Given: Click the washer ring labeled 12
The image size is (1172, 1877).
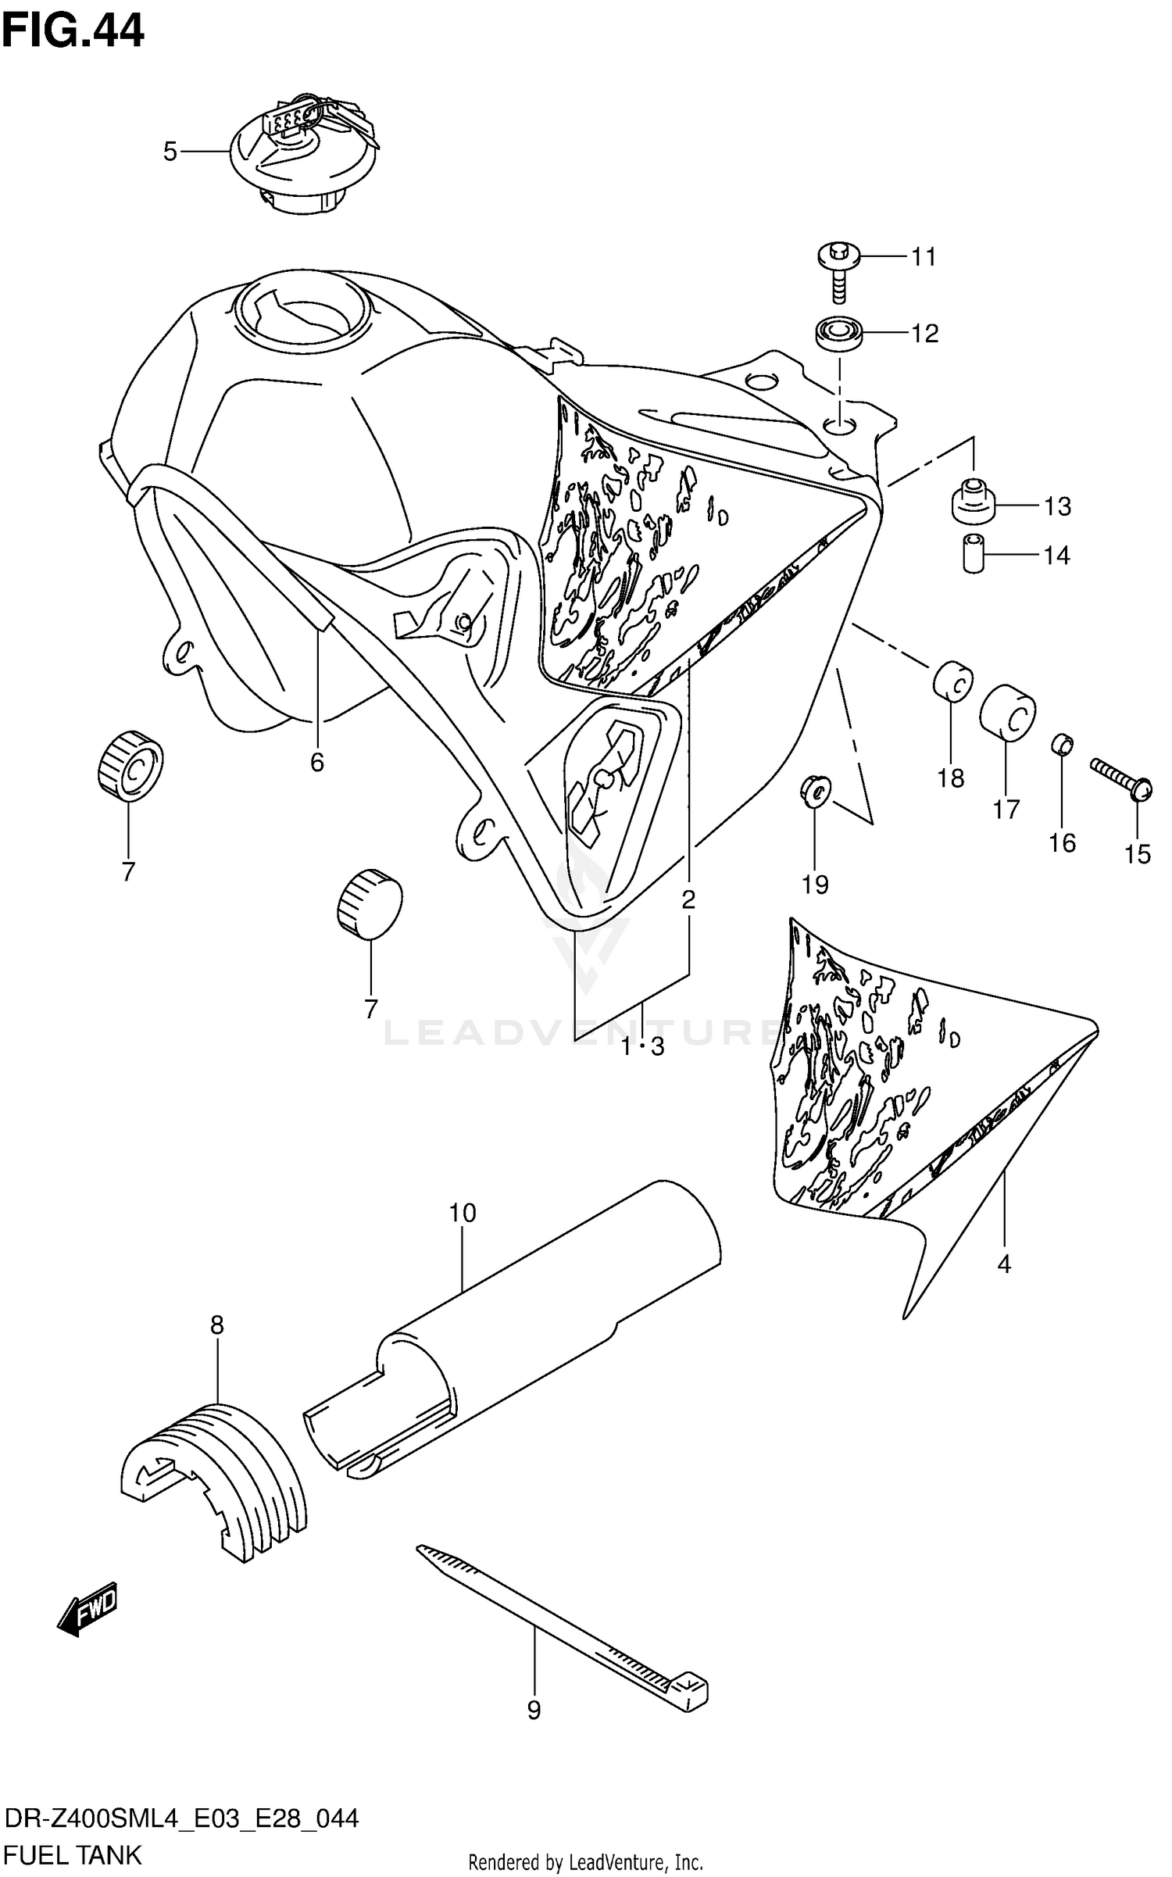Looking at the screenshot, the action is click(x=839, y=334).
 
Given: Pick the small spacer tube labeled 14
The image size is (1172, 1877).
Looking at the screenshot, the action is click(x=972, y=553).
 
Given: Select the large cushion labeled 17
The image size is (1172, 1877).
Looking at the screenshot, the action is click(x=1008, y=711).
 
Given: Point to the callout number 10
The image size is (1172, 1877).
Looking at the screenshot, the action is click(x=462, y=1214).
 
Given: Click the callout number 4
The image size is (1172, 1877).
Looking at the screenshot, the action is click(x=1004, y=1263).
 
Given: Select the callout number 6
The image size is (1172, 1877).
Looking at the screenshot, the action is click(x=316, y=761).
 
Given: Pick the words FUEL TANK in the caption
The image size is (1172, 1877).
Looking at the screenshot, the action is click(x=73, y=1854).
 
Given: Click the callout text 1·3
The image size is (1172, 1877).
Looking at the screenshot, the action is click(x=642, y=1047).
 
